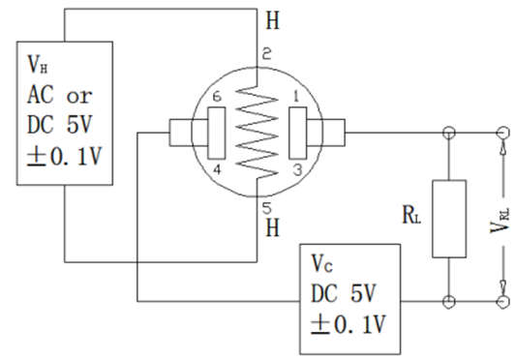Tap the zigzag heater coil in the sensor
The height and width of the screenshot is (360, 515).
pyautogui.click(x=257, y=130)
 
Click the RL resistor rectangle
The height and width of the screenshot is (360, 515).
pyautogui.click(x=449, y=218)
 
